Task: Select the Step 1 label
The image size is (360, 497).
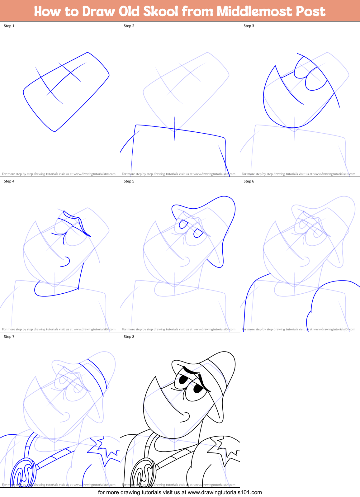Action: click(x=9, y=26)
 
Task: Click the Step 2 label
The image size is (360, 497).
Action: click(x=129, y=26)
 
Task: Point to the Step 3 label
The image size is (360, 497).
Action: click(x=249, y=26)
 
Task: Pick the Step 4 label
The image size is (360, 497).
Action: click(x=9, y=181)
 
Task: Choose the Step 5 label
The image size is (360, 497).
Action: click(x=129, y=181)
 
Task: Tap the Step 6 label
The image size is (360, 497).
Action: click(x=249, y=181)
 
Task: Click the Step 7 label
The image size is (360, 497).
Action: click(x=9, y=337)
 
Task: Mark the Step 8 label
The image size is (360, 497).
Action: click(x=129, y=337)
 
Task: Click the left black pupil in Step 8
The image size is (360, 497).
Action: click(x=183, y=380)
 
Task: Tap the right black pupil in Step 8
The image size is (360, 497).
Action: click(x=198, y=389)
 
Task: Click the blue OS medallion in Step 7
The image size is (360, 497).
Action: click(x=23, y=473)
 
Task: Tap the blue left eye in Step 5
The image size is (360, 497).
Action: click(x=183, y=224)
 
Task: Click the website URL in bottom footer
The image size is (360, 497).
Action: click(x=225, y=492)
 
